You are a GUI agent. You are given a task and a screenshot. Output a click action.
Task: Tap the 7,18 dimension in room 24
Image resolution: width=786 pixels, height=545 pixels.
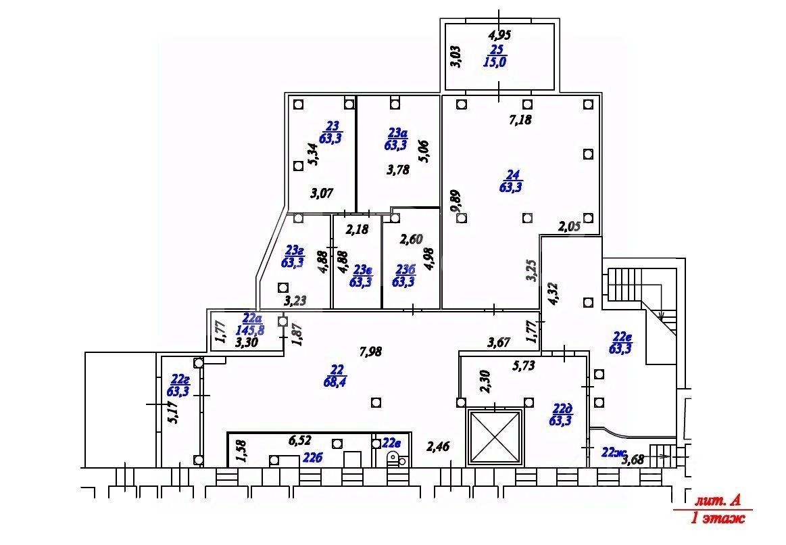520,120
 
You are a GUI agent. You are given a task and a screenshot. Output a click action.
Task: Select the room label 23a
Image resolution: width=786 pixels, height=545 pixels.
397,133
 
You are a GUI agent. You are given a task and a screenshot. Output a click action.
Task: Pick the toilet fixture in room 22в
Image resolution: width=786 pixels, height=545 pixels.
392,460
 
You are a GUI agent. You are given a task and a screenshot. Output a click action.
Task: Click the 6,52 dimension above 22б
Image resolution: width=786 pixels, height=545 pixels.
300,441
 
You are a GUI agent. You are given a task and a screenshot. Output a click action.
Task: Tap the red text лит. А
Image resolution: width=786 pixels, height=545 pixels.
718,501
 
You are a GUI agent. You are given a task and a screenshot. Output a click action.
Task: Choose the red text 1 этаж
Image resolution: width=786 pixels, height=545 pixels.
718,519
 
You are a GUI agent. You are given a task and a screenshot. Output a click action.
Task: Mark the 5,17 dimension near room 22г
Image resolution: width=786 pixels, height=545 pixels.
172,410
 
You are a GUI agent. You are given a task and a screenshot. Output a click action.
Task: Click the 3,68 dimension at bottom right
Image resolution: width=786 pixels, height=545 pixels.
633,461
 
